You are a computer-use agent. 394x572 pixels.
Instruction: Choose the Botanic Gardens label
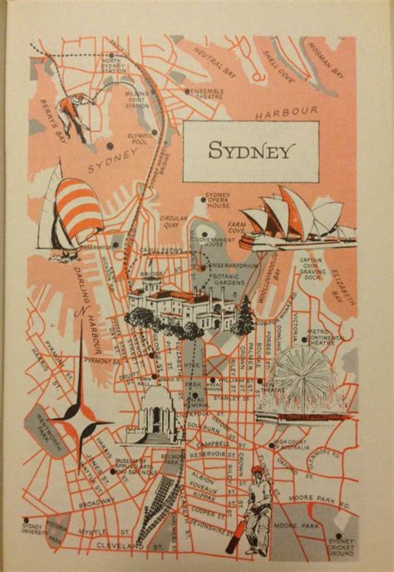(233, 279)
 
